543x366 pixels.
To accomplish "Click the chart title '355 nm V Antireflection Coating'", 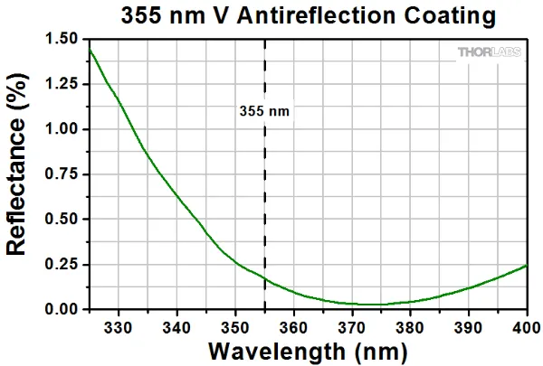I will [x=308, y=15].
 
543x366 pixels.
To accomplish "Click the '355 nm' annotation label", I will [x=263, y=111].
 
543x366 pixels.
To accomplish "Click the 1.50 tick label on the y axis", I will [x=62, y=39].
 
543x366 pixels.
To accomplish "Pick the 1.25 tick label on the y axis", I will [x=62, y=84].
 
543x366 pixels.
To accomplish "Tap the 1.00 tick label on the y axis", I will [x=62, y=129].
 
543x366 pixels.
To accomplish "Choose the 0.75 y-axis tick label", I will [x=62, y=174].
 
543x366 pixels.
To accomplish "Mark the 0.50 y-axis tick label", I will [x=62, y=220].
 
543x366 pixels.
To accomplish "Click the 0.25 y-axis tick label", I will [x=62, y=265].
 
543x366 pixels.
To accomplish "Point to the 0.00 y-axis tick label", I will [x=62, y=310].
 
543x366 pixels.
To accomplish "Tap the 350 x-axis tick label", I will [x=234, y=326].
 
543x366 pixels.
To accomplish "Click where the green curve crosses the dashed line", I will [x=264, y=278].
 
